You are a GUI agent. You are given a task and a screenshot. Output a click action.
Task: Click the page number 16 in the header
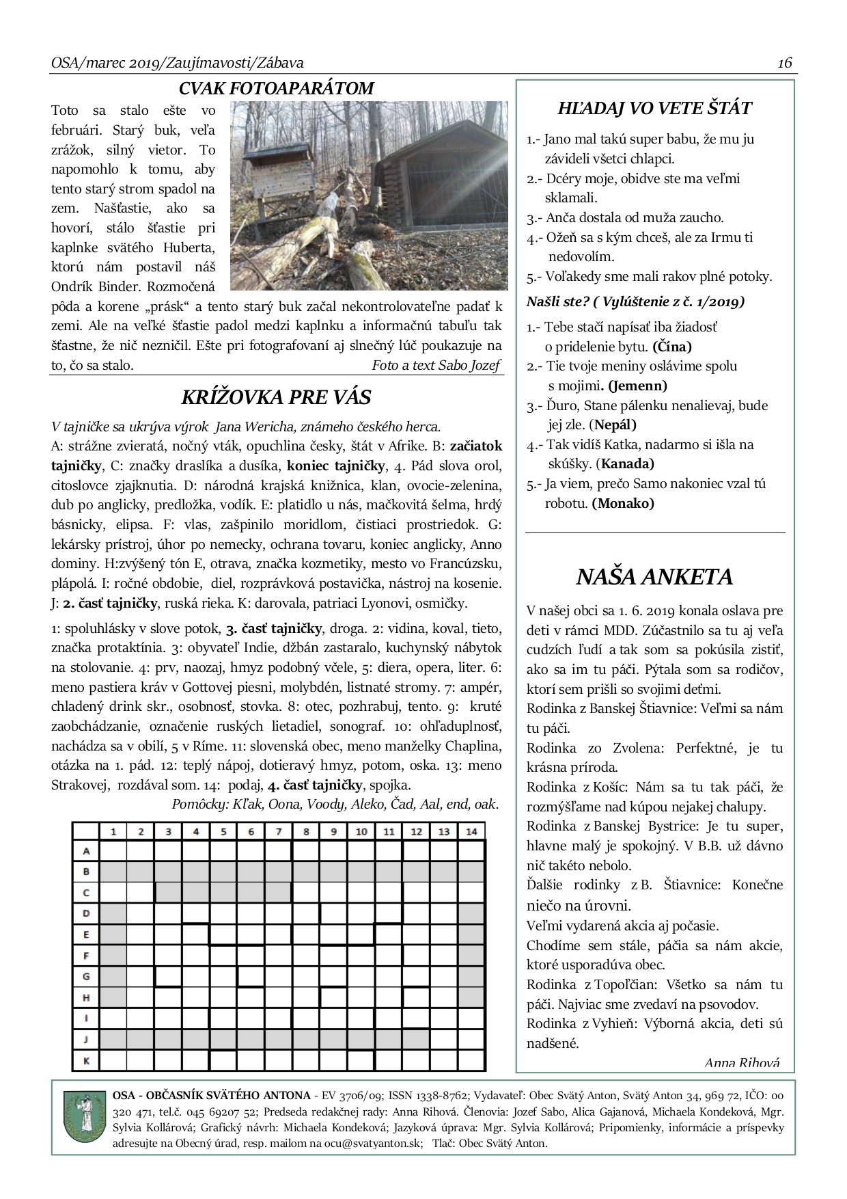pos(784,63)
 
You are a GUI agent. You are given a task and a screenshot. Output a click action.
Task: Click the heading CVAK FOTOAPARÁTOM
pos(276,88)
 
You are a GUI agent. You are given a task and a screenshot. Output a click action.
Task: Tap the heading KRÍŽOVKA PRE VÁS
pos(276,397)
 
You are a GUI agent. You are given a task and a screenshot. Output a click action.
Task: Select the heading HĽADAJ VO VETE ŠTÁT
pos(654,109)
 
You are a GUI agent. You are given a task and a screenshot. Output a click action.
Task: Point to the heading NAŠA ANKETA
pos(654,577)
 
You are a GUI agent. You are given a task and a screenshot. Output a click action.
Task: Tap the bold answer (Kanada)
pos(627,463)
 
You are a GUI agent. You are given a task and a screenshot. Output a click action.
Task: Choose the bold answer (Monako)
pos(623,503)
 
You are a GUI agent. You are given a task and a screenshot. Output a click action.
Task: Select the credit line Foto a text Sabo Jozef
pos(436,365)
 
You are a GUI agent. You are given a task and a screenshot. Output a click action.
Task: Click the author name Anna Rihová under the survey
pos(741,1062)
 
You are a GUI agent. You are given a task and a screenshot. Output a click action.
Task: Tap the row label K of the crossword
pos(86,1061)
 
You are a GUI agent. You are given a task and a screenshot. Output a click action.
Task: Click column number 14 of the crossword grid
pos(471,831)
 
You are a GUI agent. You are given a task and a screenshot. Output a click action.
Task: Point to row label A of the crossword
pos(86,851)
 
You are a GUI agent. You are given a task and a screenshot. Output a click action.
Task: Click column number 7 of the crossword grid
pos(278,831)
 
